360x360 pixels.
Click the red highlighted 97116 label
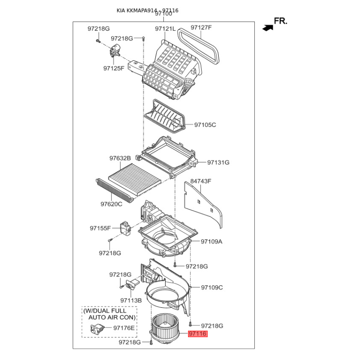tap(198, 333)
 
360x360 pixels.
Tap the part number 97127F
tap(201, 27)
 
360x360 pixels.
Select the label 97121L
tap(165, 29)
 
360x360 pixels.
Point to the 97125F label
tap(114, 68)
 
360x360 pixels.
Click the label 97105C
tap(205, 125)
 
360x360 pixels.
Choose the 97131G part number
tap(218, 162)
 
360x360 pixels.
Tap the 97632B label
tap(120, 158)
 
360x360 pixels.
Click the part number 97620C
tap(111, 204)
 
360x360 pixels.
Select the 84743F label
tap(201, 181)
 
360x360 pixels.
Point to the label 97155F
tap(100, 228)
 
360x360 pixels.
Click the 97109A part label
tap(211, 242)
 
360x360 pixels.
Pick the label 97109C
tap(212, 288)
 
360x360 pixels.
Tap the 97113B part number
tap(131, 300)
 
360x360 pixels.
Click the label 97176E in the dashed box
tap(124, 328)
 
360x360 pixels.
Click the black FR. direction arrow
tap(268, 28)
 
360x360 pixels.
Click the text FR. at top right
tap(280, 21)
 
